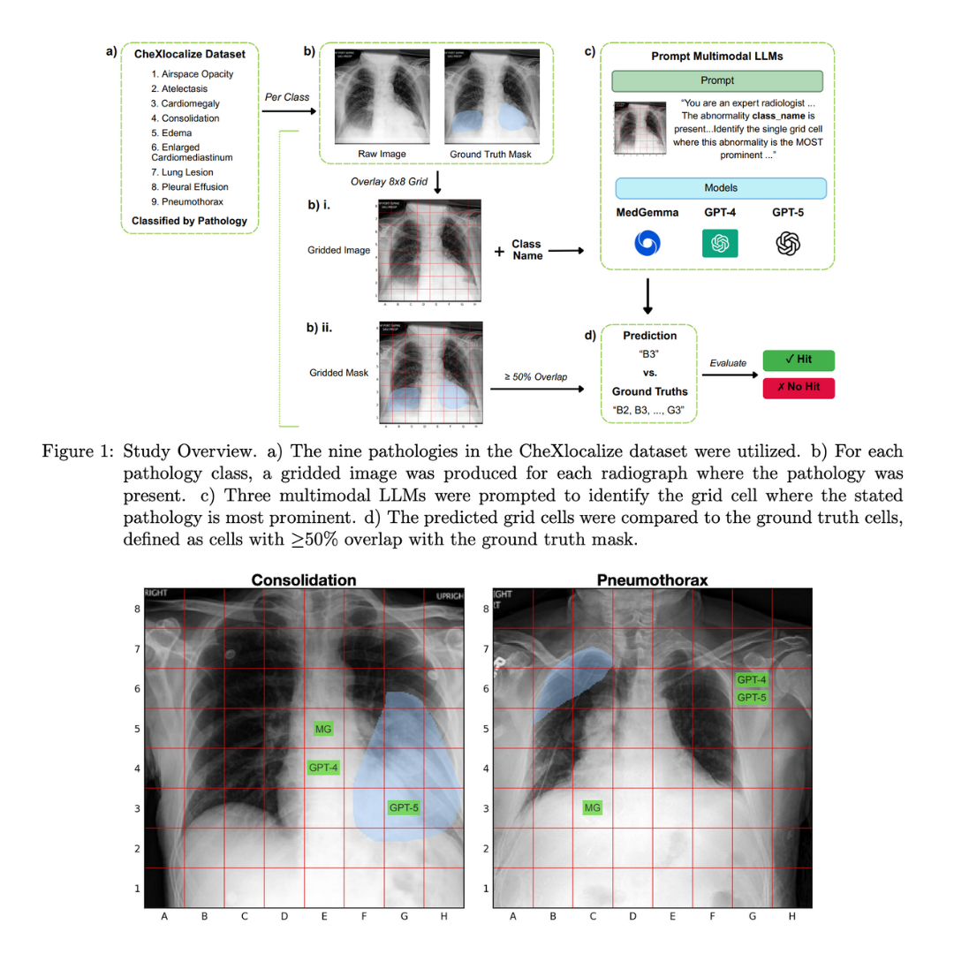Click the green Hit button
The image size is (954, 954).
click(x=799, y=360)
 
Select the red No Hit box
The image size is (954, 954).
click(x=799, y=388)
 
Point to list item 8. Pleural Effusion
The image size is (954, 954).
click(x=188, y=186)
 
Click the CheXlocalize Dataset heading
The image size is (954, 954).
click(x=189, y=54)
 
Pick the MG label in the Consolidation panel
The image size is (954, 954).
click(x=323, y=729)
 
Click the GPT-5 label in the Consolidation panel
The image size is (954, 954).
click(x=404, y=806)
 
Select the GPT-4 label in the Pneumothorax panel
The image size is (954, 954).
click(x=752, y=679)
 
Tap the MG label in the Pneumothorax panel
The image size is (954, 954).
click(x=593, y=807)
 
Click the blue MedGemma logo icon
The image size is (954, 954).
click(x=647, y=243)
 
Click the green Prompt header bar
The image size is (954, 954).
click(x=716, y=80)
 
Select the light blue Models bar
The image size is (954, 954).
click(x=720, y=188)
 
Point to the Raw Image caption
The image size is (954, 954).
click(x=382, y=154)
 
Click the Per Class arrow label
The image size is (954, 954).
click(x=287, y=97)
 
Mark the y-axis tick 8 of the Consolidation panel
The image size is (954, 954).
click(x=137, y=609)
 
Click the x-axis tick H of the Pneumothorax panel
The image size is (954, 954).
click(x=791, y=916)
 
